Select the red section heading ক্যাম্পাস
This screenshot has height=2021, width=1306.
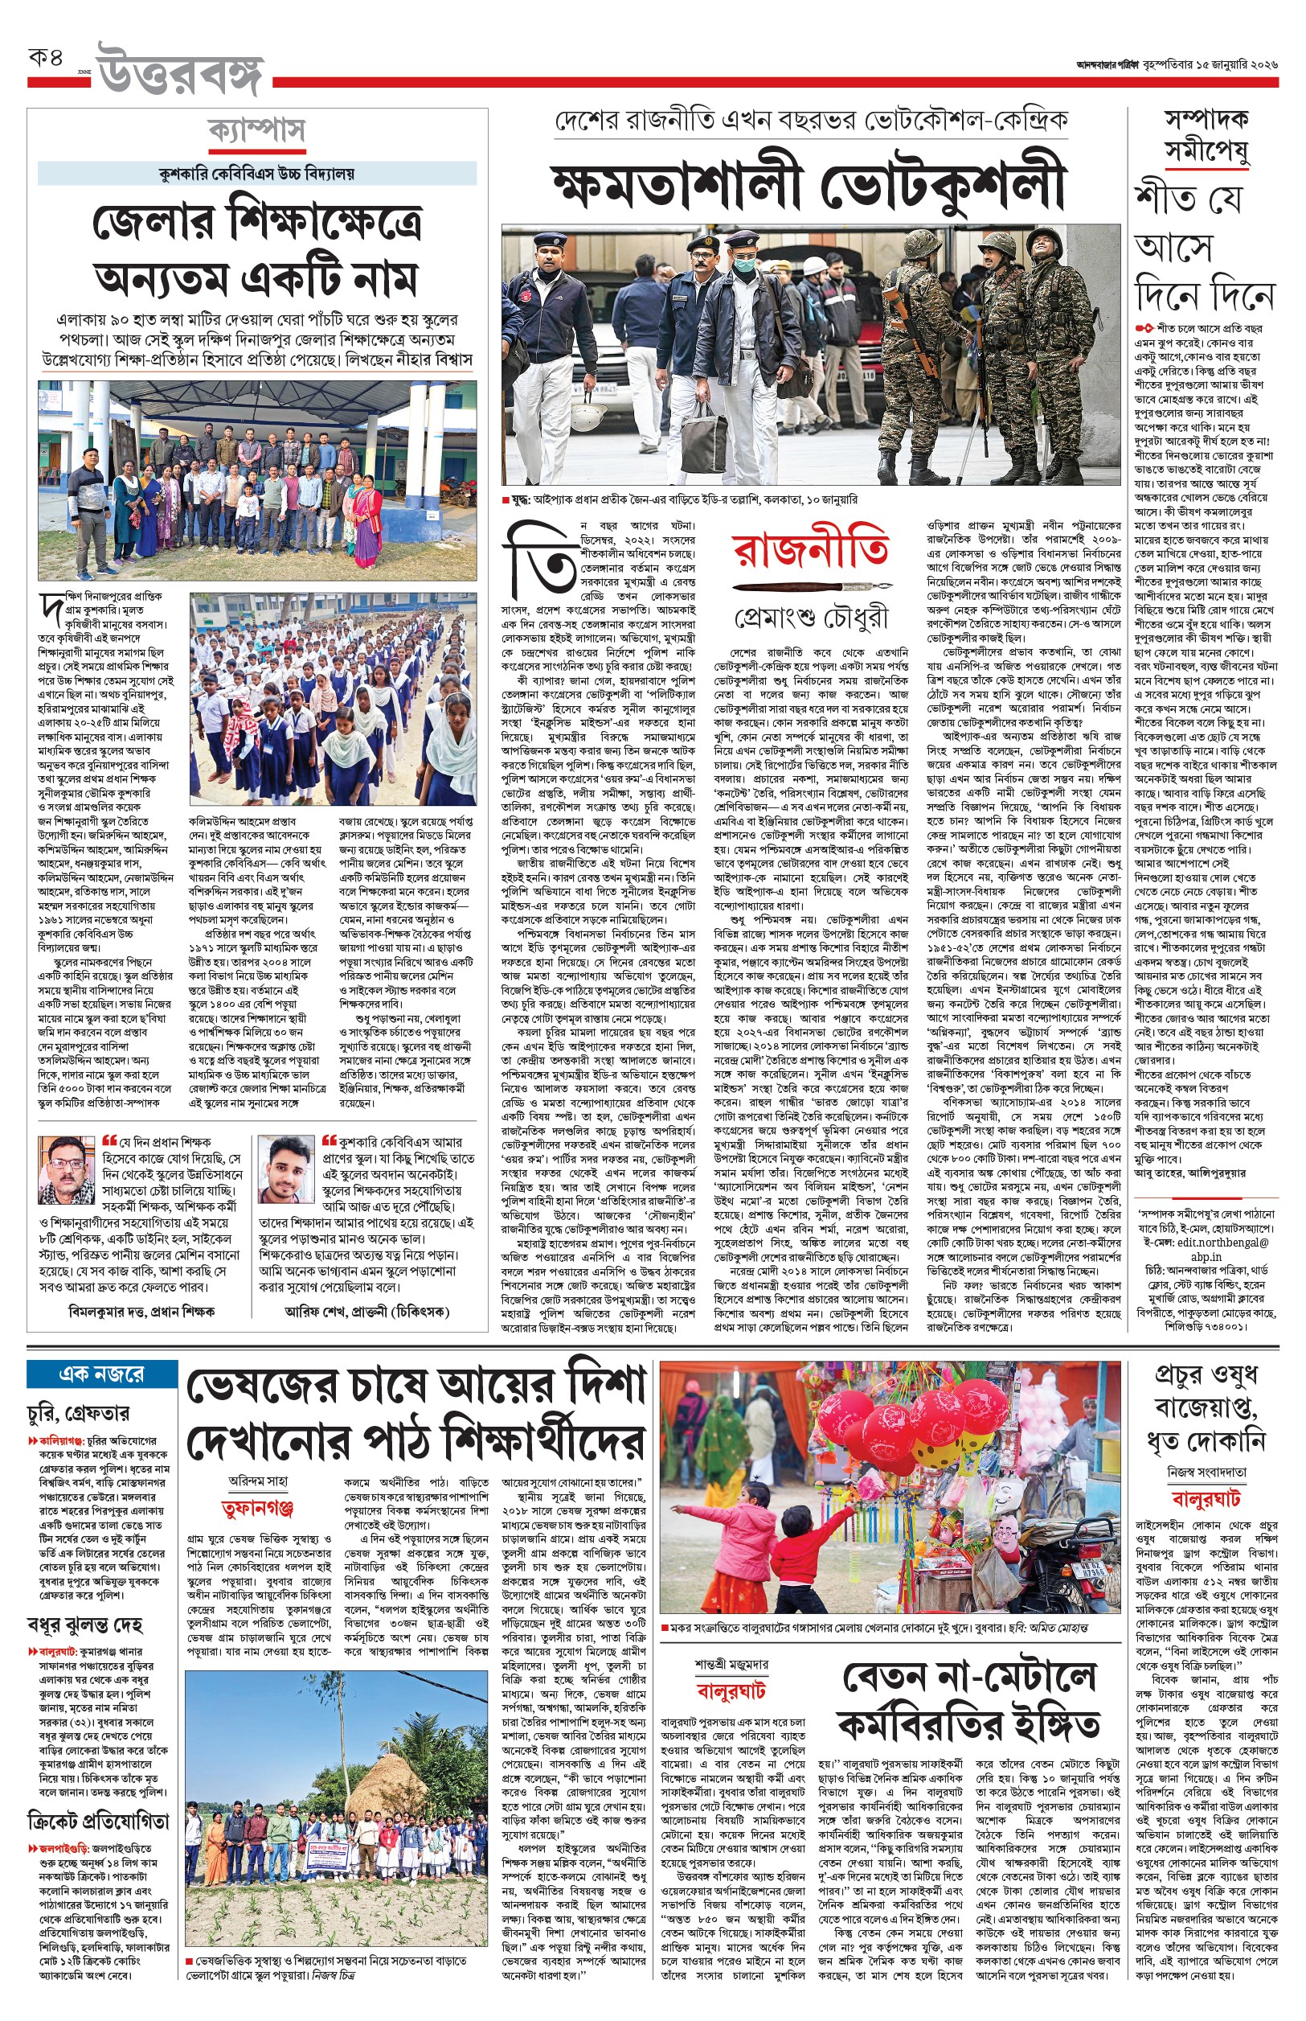pyautogui.click(x=256, y=132)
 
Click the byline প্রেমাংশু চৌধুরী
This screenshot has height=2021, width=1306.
pyautogui.click(x=812, y=618)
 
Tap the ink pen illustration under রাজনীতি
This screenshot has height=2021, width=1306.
pyautogui.click(x=812, y=587)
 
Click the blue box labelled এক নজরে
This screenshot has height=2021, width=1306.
pyautogui.click(x=102, y=1373)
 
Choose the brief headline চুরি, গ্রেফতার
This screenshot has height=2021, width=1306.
pyautogui.click(x=78, y=1414)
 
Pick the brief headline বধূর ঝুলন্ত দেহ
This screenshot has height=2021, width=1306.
pyautogui.click(x=85, y=1621)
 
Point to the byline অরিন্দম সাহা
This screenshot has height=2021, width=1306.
pyautogui.click(x=258, y=1480)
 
